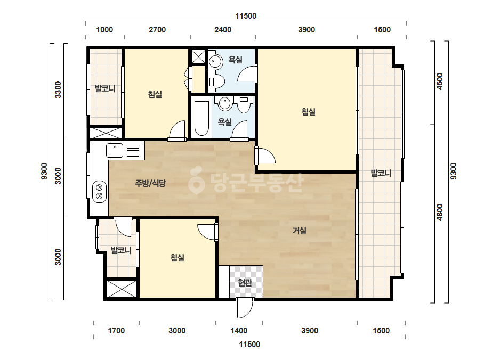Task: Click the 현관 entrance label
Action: coord(245,283)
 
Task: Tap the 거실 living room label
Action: coord(300,231)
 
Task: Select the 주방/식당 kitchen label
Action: coord(150,183)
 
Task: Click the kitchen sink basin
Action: coord(115,150)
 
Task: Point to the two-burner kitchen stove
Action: coord(99,192)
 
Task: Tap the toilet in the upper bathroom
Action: coord(217,82)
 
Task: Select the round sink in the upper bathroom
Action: coord(215,61)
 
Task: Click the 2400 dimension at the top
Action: coord(223,30)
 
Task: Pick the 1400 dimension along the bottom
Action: coord(239,331)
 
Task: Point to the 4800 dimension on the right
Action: coord(440,212)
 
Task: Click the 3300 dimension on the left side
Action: coord(58,89)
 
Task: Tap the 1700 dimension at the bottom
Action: coord(116,331)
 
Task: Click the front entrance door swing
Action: coord(244,309)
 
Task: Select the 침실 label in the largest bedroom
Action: coord(309,112)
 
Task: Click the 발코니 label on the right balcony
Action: coord(381,173)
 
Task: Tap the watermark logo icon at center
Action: coord(196,180)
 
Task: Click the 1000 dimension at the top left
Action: coord(104,30)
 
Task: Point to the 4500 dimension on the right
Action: coord(440,81)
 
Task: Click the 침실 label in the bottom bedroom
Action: coord(178,258)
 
